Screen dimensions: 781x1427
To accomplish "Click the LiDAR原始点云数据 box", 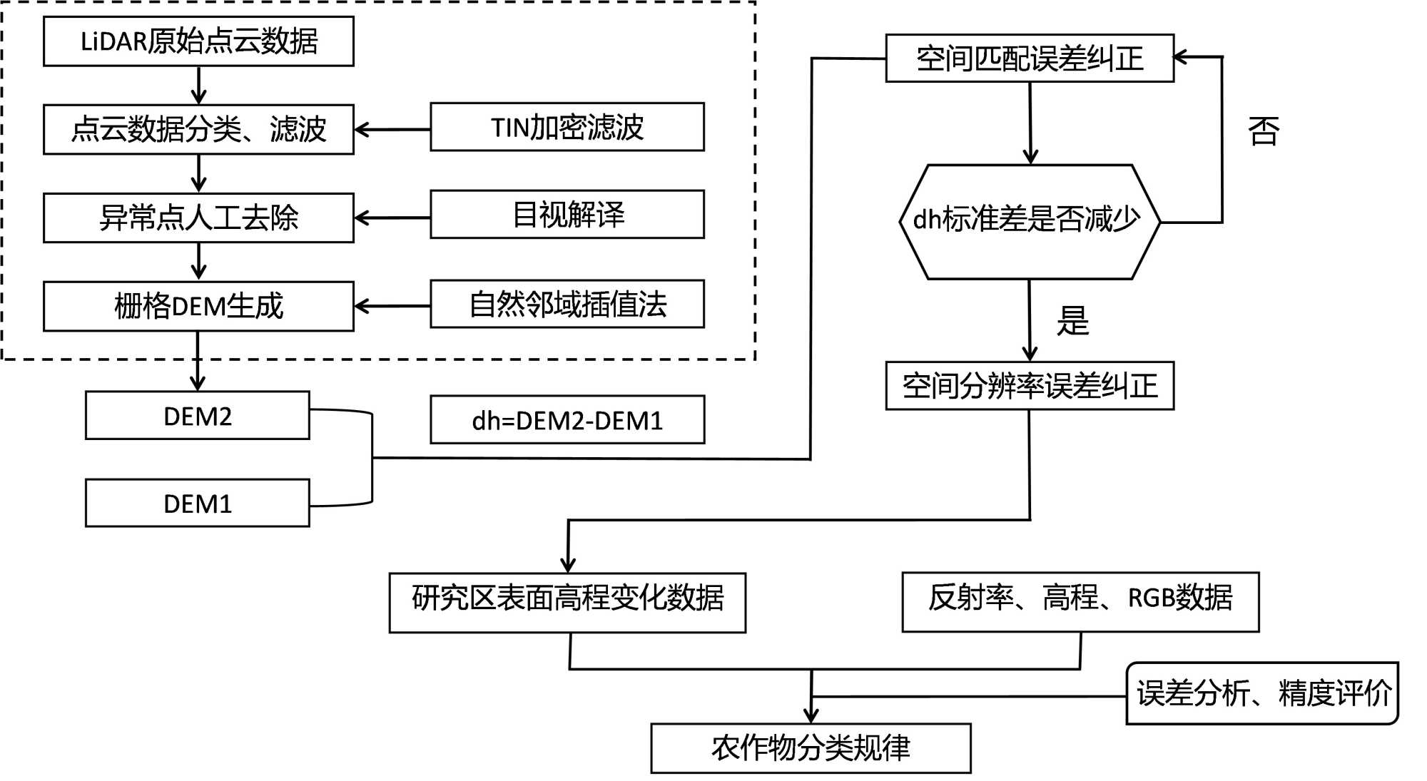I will click(x=198, y=41).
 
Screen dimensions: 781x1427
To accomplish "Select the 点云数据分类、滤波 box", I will click(x=198, y=129).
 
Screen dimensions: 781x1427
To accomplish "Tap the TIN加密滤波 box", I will click(x=567, y=127).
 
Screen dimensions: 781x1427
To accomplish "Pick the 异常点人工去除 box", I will click(x=198, y=218).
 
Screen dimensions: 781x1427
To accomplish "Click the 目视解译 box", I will click(x=567, y=214).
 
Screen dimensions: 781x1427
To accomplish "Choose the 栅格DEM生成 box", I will click(x=198, y=306).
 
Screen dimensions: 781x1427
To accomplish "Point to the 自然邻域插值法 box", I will click(x=567, y=304).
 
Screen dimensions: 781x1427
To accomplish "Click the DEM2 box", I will click(x=198, y=415).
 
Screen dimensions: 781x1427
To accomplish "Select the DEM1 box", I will click(x=198, y=503).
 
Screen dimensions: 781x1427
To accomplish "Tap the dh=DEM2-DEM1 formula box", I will click(x=567, y=420).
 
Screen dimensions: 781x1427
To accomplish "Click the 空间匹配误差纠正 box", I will click(x=1030, y=58).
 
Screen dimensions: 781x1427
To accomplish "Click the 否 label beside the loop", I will click(x=1264, y=131).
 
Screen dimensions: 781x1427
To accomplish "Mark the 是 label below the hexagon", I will click(x=1072, y=320).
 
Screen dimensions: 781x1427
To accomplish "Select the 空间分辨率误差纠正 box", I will click(x=1030, y=386).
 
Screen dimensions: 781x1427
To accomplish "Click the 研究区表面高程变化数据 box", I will click(x=567, y=603).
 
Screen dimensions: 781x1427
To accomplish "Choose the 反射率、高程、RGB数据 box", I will click(x=1080, y=602).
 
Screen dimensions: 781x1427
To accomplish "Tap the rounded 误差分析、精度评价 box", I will click(x=1262, y=693).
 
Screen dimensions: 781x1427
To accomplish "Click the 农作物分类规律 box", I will click(x=811, y=748).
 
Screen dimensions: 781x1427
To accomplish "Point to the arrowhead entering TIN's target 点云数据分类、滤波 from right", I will click(x=360, y=130).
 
